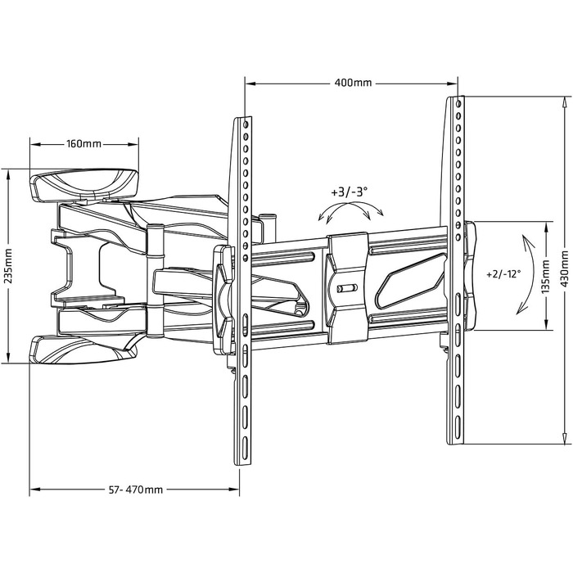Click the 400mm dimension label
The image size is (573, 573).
point(353,83)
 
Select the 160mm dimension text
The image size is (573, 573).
point(83,143)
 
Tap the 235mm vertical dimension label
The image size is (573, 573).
point(8,266)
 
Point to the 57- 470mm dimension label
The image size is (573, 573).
point(136,490)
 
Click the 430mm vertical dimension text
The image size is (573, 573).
point(565,268)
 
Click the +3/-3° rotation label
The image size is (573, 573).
point(349,192)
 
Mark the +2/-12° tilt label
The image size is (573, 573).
point(503,273)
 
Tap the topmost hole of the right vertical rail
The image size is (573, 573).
point(458,104)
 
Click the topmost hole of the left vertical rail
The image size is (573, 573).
point(246,124)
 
